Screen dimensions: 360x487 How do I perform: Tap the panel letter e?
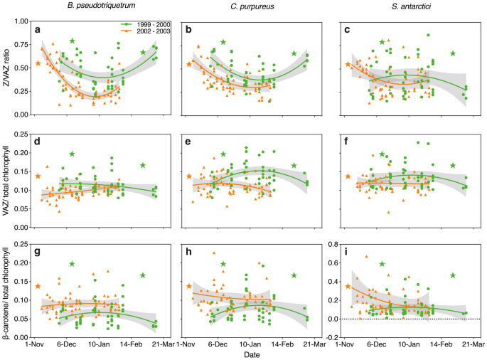coord(188,142)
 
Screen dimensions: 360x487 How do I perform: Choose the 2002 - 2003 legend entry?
coord(144,31)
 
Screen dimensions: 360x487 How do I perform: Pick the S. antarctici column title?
coord(407,6)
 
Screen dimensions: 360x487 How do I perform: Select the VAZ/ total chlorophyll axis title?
coord(7,181)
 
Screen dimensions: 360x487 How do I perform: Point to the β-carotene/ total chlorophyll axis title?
coord(7,292)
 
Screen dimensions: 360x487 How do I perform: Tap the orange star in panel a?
coord(38,63)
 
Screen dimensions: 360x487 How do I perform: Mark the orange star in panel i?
coord(348,287)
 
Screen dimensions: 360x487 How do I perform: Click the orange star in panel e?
coord(189,176)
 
